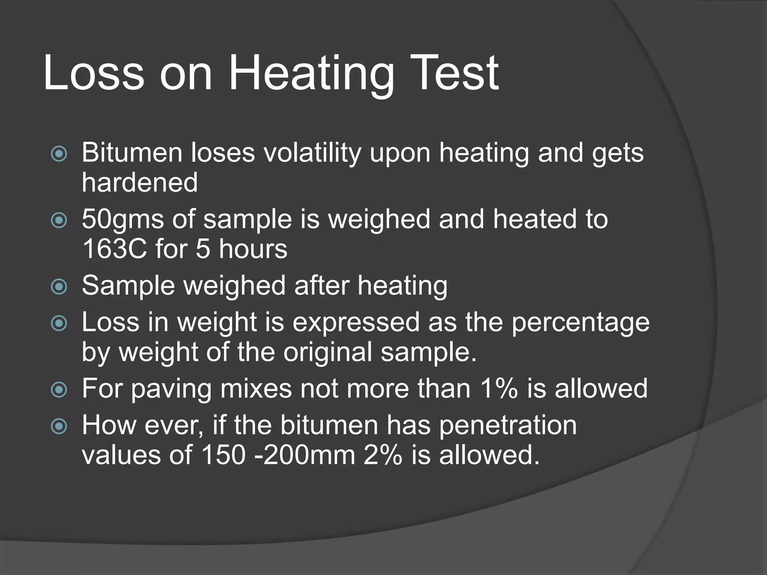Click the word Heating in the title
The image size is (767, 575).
(311, 74)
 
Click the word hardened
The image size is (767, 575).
(140, 182)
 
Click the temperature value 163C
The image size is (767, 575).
(115, 249)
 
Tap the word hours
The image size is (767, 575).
(253, 249)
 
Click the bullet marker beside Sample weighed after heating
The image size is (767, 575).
(59, 287)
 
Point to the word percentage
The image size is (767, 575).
(580, 323)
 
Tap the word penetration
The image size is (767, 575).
(507, 426)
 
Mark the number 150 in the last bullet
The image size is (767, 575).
(224, 455)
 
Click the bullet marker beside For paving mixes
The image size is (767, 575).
(59, 390)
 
